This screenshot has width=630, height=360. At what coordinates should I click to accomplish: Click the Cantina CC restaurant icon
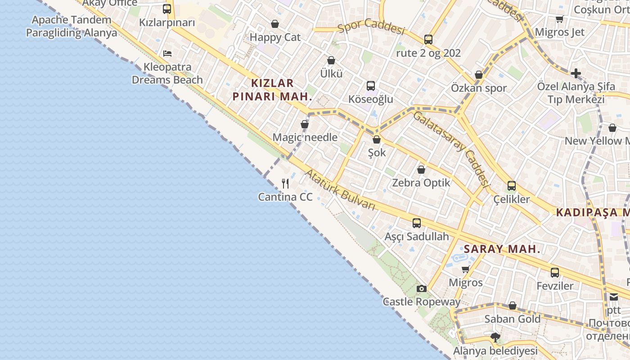pyautogui.click(x=285, y=183)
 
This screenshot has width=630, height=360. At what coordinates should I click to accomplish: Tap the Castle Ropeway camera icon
pyautogui.click(x=422, y=288)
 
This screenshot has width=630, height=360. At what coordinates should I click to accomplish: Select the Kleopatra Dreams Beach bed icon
pyautogui.click(x=167, y=53)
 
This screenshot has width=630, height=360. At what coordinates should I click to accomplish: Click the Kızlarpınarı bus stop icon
pyautogui.click(x=167, y=9)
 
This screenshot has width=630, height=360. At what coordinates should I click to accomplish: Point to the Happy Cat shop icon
pyautogui.click(x=275, y=23)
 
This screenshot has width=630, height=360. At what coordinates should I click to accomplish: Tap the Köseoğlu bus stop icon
pyautogui.click(x=371, y=85)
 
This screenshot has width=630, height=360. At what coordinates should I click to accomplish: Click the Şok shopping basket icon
pyautogui.click(x=377, y=139)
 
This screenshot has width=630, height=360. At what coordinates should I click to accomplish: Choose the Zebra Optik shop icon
pyautogui.click(x=421, y=169)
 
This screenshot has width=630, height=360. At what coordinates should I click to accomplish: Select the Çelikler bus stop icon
pyautogui.click(x=512, y=185)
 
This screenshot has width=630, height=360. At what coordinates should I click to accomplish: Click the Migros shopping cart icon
pyautogui.click(x=466, y=269)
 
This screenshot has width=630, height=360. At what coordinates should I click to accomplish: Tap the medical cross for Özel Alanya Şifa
pyautogui.click(x=576, y=73)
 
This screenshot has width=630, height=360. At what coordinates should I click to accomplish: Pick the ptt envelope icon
pyautogui.click(x=614, y=297)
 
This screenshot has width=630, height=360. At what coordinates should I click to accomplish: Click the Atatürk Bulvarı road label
pyautogui.click(x=340, y=190)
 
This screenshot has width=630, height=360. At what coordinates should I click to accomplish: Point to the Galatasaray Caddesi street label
pyautogui.click(x=451, y=149)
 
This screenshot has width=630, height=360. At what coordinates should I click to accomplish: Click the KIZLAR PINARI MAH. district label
pyautogui.click(x=272, y=90)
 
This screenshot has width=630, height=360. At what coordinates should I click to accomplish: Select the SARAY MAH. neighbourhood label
pyautogui.click(x=502, y=249)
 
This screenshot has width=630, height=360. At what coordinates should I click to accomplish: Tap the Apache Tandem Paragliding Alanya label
pyautogui.click(x=72, y=26)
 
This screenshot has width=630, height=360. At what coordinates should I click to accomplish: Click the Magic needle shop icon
pyautogui.click(x=305, y=124)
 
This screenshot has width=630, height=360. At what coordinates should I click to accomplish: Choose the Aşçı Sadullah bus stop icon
pyautogui.click(x=417, y=223)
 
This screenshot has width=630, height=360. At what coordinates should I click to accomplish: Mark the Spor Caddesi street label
pyautogui.click(x=371, y=27)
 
